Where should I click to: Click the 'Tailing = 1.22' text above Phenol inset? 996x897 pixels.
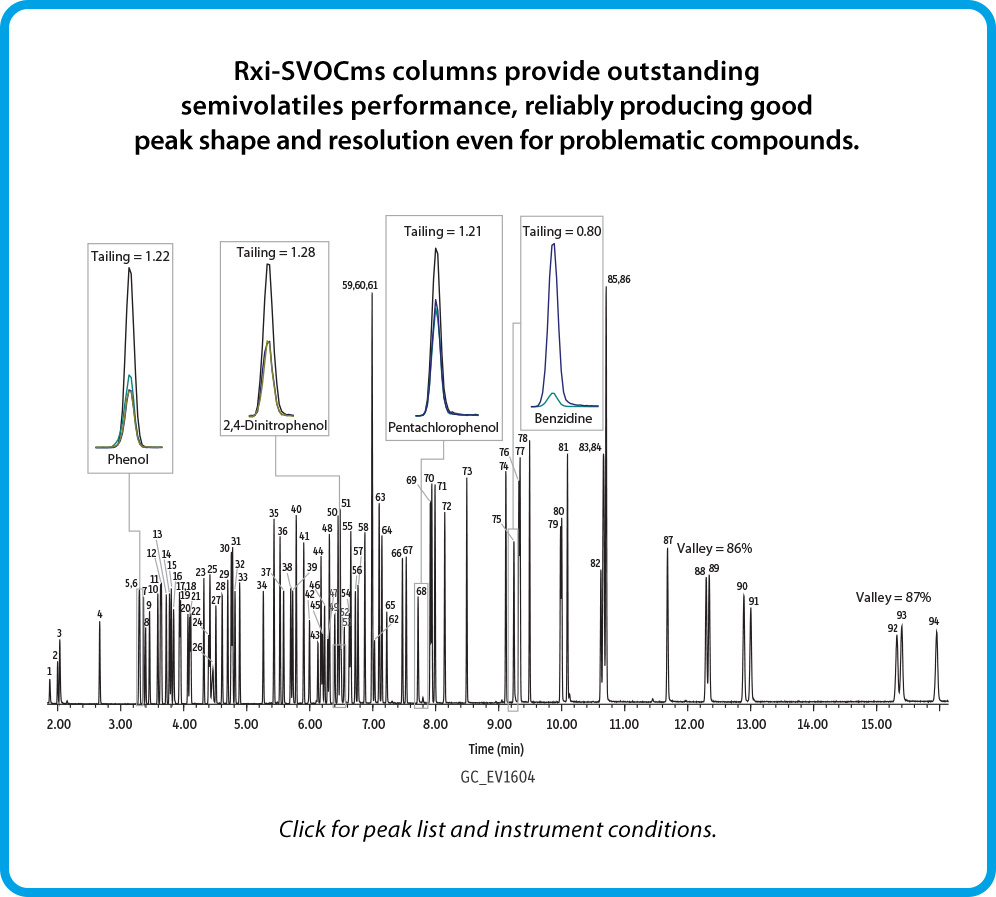(130, 256)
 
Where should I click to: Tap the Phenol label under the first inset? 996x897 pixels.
(128, 460)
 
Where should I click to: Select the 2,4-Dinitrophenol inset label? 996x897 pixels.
(275, 426)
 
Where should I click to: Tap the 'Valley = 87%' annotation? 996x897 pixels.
(893, 597)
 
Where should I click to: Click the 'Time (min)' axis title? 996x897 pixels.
(497, 748)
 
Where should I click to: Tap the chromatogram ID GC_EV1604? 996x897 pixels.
(497, 777)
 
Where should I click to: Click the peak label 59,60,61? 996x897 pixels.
(360, 285)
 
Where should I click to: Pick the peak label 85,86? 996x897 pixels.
(618, 279)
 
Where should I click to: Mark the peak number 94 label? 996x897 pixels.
(934, 621)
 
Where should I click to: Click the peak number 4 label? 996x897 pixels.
(99, 613)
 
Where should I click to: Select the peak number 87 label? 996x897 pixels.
(668, 540)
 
